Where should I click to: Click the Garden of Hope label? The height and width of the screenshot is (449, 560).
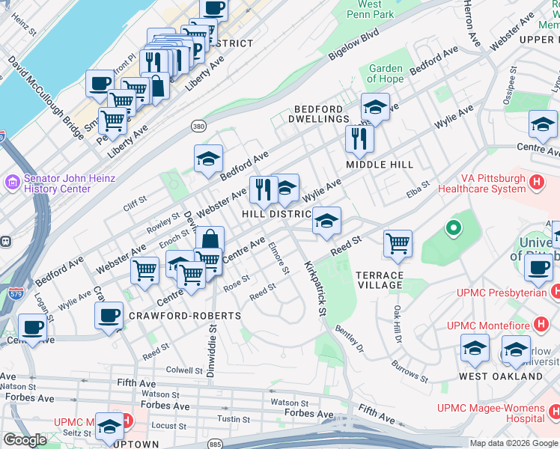(386, 73)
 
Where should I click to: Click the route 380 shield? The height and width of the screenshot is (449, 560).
(198, 126)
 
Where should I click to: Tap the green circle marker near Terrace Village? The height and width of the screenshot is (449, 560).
(452, 227)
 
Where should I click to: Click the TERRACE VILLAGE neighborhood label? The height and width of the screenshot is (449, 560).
(380, 280)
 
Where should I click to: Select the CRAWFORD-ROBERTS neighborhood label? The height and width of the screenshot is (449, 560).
(186, 316)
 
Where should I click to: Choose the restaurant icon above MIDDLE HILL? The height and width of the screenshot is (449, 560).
(359, 138)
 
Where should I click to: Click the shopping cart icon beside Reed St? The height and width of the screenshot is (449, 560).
(398, 243)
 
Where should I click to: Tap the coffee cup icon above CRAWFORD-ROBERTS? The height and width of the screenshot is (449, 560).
(109, 315)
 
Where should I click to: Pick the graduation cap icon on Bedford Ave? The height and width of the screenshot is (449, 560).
(209, 159)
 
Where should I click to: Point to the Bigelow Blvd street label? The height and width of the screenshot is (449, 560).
(354, 46)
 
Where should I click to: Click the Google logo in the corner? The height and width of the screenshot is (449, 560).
(25, 440)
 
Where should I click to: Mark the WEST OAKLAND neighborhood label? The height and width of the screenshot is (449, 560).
(490, 376)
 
